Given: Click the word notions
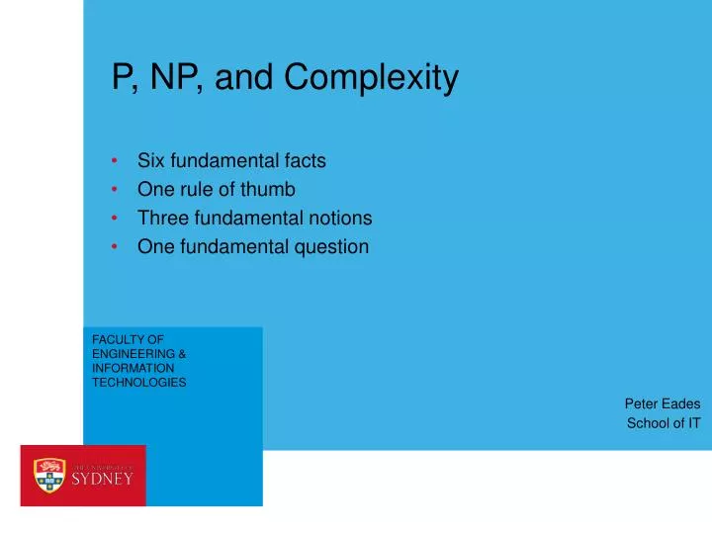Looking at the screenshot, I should tap(339, 218).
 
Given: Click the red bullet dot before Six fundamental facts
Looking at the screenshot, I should tap(116, 160).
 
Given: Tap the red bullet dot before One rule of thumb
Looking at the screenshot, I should tap(116, 189).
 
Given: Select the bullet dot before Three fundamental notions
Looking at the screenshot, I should tap(116, 219).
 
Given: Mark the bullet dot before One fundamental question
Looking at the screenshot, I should tap(116, 247).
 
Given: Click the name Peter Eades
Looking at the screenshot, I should tap(663, 403).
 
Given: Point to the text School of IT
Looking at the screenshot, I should tap(664, 423).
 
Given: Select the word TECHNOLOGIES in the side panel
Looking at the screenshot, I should tap(139, 382).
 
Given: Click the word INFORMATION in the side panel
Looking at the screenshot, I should tap(133, 368).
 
